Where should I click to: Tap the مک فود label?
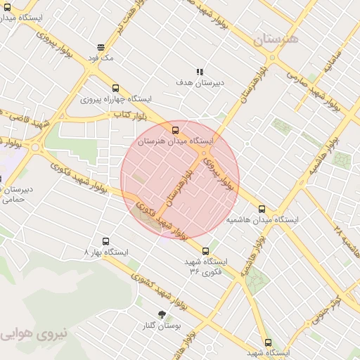point(101,58)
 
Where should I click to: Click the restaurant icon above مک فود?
point(101,47)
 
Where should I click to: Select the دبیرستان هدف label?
point(200,82)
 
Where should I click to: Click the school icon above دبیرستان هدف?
point(200,71)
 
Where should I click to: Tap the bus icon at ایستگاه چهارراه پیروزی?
point(116,88)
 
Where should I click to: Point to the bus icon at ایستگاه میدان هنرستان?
point(175,129)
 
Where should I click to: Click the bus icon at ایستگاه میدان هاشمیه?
point(262,209)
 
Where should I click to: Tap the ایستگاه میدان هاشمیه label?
point(262,220)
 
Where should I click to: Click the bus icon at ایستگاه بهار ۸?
point(106,241)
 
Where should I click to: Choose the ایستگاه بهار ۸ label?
point(106,252)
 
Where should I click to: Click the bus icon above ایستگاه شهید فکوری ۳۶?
point(206,250)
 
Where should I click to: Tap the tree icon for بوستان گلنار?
point(163,314)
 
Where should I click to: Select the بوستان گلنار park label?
point(163,326)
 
